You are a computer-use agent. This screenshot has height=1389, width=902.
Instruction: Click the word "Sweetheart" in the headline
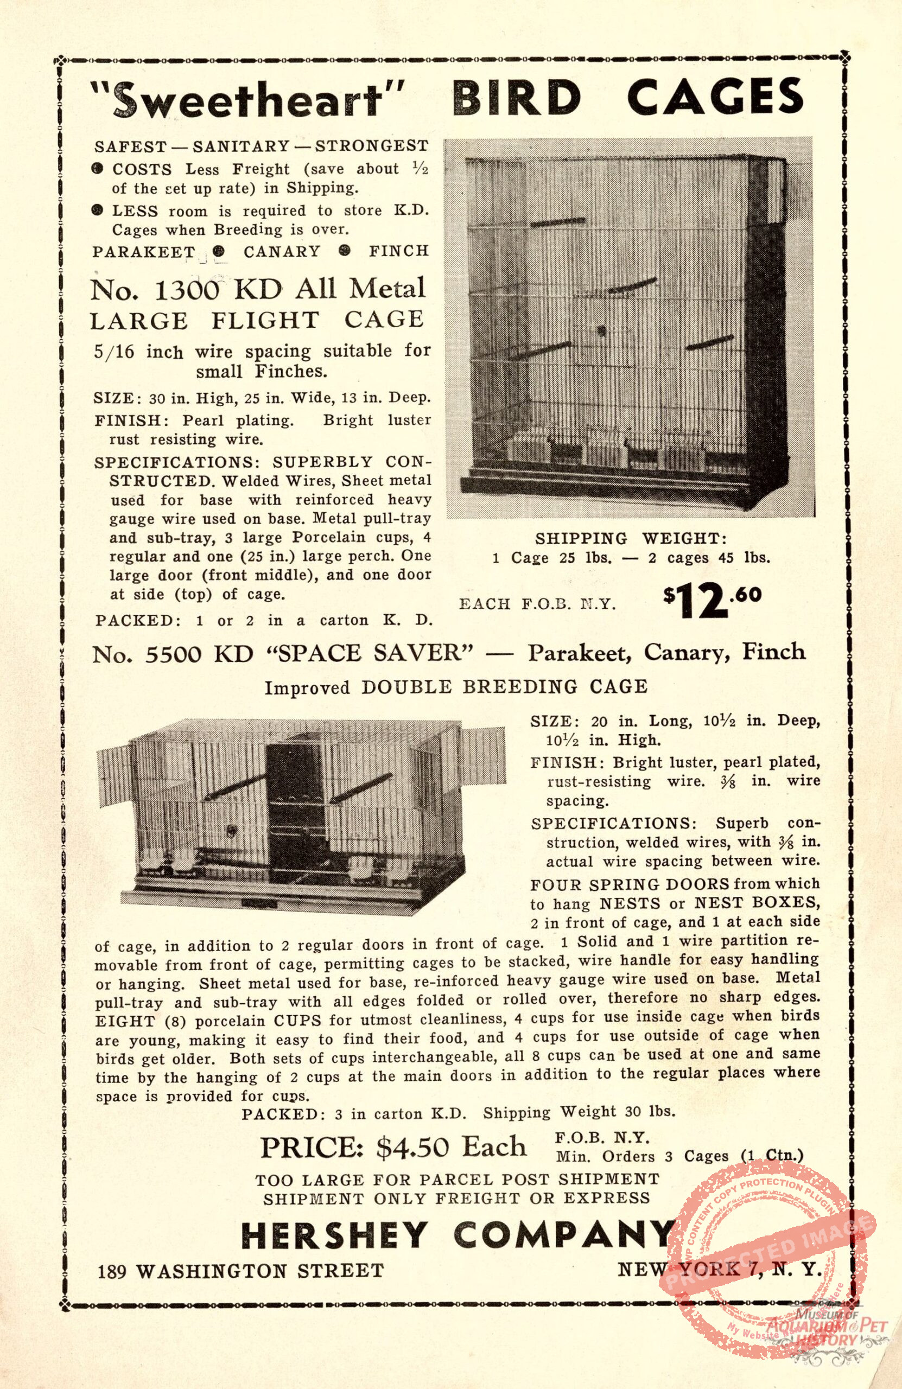(249, 98)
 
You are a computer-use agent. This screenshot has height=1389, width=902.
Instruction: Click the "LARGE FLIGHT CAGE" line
(257, 320)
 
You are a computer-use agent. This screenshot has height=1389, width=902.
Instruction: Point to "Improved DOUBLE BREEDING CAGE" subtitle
(456, 687)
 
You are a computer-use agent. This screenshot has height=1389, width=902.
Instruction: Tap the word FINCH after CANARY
(399, 252)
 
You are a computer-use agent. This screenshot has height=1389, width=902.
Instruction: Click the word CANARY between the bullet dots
(282, 252)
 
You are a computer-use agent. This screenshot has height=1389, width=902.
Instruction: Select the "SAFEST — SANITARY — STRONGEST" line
(261, 145)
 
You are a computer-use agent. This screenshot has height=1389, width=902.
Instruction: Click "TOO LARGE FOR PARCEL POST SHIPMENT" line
(457, 1180)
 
